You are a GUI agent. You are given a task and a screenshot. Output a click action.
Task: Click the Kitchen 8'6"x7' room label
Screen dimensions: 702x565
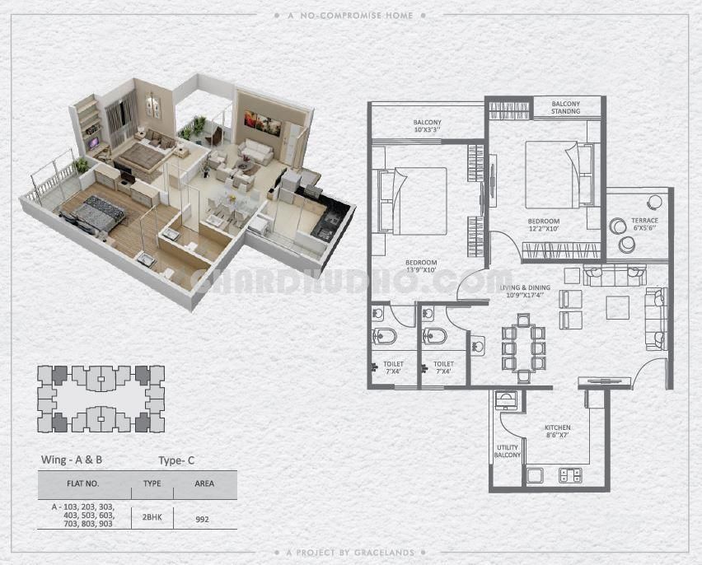point(557,431)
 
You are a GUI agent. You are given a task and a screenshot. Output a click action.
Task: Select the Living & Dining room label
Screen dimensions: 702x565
point(525,291)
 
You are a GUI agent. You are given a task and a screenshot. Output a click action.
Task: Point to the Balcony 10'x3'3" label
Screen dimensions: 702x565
point(427,126)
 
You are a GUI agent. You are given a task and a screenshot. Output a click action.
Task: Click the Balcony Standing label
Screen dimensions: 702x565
point(565,107)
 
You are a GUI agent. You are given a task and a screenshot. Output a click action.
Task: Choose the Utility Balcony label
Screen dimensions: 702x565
point(508,451)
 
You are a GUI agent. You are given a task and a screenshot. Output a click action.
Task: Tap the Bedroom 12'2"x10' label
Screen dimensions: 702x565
point(544,225)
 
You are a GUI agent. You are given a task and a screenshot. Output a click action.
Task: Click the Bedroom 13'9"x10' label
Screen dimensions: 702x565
point(421,266)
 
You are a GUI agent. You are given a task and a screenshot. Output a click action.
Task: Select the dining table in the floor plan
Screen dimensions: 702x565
point(523,348)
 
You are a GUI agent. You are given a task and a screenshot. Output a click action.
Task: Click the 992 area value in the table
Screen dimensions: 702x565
point(203,520)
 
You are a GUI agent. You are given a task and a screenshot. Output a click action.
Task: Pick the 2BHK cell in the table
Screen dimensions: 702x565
point(152,517)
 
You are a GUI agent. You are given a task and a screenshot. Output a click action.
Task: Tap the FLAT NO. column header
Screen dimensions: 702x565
point(83,483)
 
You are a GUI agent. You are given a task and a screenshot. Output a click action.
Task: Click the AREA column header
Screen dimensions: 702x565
point(204,483)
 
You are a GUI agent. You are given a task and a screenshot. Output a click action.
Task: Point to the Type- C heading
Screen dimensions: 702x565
point(176,460)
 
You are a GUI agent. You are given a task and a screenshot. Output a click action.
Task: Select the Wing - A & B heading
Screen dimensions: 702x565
point(72,460)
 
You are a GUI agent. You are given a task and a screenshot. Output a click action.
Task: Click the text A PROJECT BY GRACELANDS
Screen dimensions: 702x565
point(350,553)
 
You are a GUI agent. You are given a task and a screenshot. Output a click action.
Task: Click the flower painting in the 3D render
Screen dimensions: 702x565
point(262,123)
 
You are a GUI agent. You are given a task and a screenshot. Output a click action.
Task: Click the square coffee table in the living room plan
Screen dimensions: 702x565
point(618,307)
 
